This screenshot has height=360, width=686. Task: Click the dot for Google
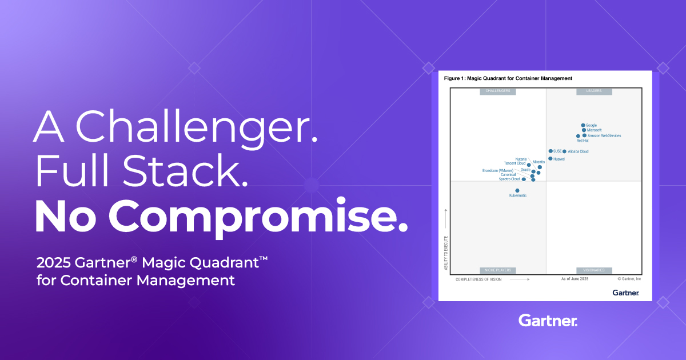point(583,125)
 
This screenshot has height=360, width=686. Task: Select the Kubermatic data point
point(517,190)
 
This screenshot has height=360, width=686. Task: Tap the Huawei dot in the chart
point(550,159)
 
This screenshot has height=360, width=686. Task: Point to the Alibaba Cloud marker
point(564,151)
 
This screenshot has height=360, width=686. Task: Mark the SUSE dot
point(551,151)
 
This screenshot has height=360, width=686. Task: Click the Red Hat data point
point(578,136)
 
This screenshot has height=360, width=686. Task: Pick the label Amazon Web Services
point(604,135)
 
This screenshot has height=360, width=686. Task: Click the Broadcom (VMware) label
point(498,170)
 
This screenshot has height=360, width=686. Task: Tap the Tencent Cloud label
point(514,163)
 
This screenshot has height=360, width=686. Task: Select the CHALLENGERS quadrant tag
point(497,91)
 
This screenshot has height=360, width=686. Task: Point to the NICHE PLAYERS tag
point(497,270)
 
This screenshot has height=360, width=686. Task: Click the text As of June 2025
point(575,279)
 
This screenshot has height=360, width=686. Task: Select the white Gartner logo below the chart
point(548,320)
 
